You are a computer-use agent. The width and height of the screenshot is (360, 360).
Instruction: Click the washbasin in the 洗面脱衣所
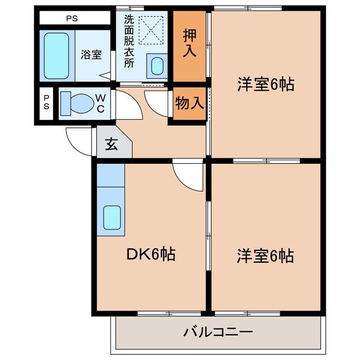[157, 66]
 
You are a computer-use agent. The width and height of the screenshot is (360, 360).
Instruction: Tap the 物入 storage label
[189, 103]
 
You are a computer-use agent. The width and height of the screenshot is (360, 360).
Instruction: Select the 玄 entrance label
[111, 144]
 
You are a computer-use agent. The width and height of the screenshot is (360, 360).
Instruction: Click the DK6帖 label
[150, 255]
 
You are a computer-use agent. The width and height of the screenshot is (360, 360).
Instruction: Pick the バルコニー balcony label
[218, 331]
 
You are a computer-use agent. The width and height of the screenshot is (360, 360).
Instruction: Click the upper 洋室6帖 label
[265, 84]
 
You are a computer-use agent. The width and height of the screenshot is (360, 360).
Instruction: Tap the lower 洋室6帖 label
[265, 256]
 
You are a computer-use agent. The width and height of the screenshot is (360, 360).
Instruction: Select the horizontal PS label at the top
[72, 18]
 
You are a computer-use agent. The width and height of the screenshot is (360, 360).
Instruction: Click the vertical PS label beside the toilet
[46, 103]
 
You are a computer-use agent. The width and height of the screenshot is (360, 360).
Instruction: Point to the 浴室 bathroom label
[91, 55]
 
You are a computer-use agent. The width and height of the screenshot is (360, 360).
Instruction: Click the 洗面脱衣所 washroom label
[129, 42]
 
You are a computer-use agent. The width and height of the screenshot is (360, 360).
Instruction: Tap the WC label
[100, 103]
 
